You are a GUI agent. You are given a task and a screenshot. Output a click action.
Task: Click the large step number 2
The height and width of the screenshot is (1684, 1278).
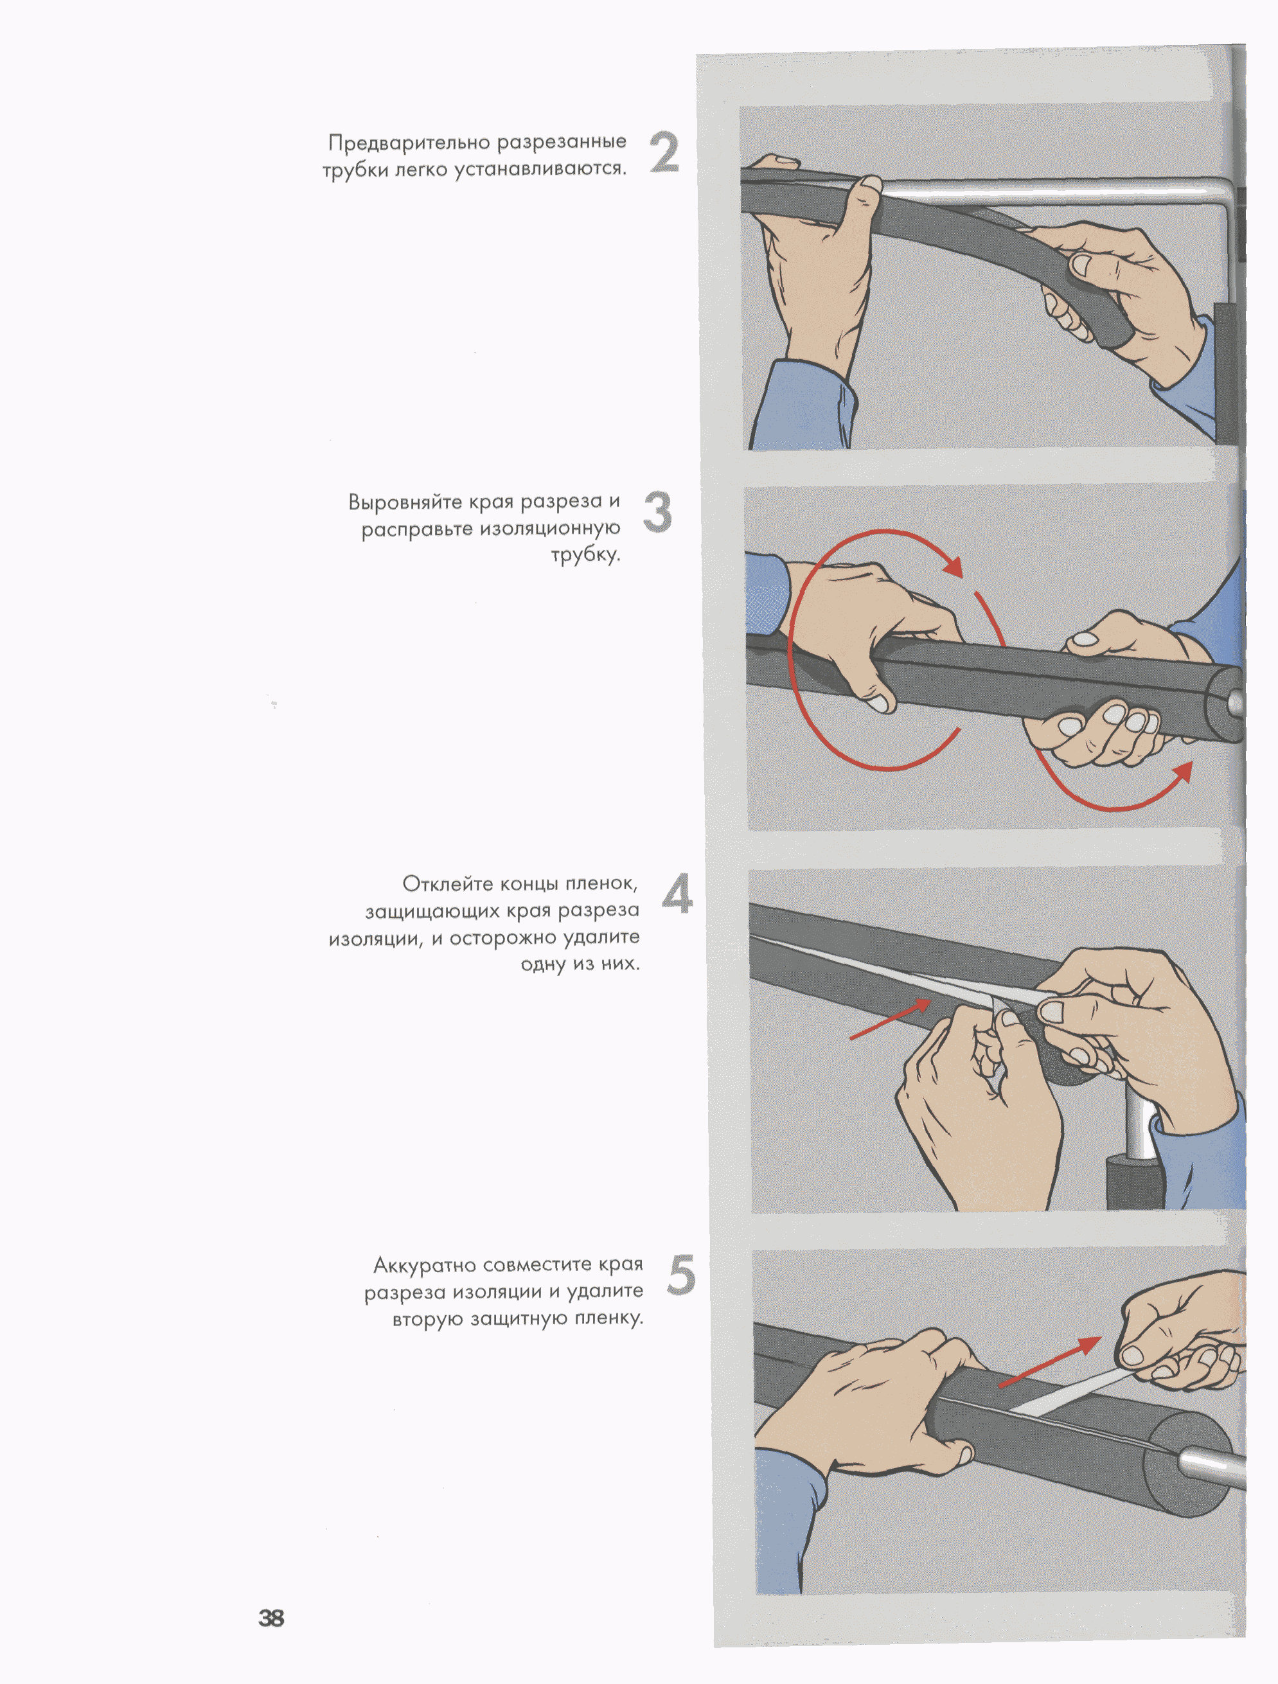point(664,152)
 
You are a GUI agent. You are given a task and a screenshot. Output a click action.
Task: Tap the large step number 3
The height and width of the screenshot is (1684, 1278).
point(658,511)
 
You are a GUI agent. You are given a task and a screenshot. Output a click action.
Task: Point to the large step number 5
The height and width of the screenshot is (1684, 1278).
point(681,1275)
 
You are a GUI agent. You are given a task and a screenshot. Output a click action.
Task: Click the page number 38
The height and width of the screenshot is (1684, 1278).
point(271,1618)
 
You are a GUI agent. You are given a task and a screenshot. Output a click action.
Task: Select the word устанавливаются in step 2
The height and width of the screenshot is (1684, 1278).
point(540,169)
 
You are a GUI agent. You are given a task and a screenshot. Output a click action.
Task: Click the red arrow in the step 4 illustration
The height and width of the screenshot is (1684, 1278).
point(890,1020)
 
